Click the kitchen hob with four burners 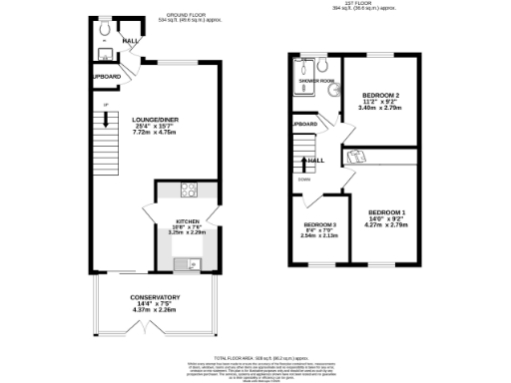coord(187,190)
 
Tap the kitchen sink coord(187,263)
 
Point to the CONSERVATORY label coord(155,297)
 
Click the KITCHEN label coord(188,220)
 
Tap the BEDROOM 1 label coord(386,213)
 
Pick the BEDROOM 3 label coord(319,224)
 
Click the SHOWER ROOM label coord(314,81)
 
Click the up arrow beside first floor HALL coord(304,161)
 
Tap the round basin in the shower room coord(332,89)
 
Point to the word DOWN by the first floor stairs coord(302,180)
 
